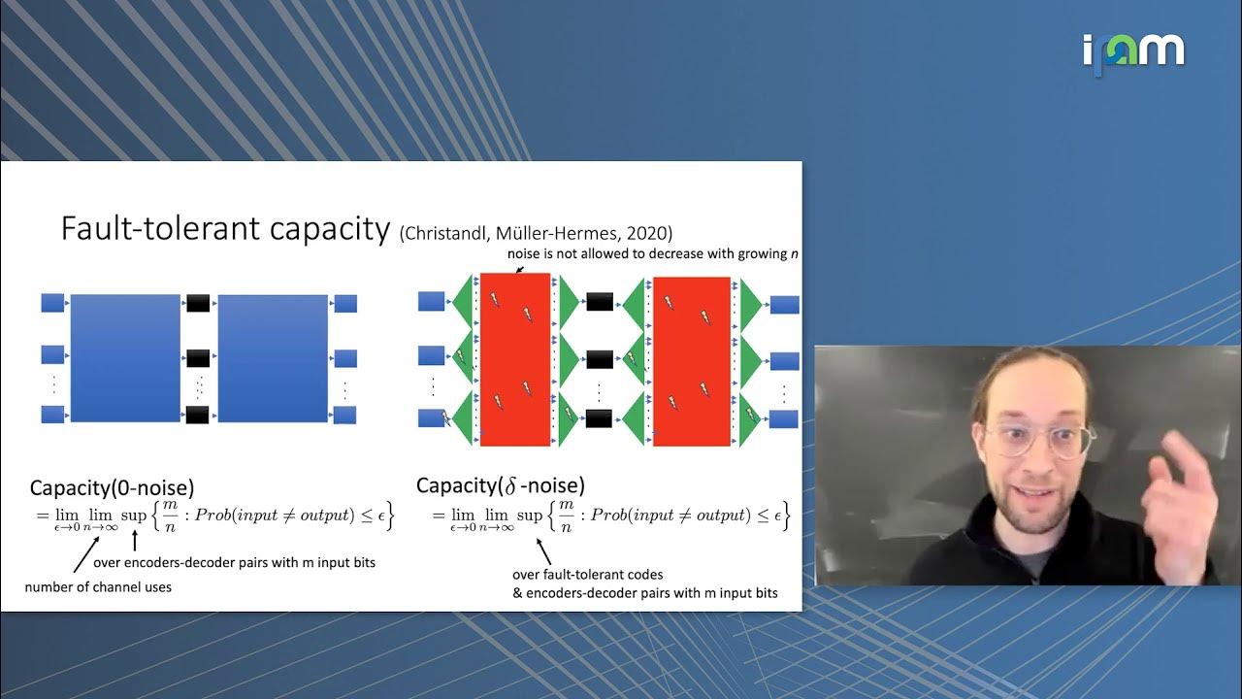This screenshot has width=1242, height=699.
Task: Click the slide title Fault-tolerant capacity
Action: [x=224, y=228]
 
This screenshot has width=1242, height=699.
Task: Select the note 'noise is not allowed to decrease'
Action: [x=652, y=254]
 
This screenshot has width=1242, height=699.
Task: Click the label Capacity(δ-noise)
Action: [x=500, y=485]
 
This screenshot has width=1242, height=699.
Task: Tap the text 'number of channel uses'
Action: [x=98, y=586]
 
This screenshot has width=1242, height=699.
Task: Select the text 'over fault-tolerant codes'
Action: [x=587, y=575]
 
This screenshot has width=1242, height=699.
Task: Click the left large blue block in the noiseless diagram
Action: [x=125, y=358]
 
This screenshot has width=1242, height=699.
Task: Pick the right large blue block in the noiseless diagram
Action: [x=273, y=358]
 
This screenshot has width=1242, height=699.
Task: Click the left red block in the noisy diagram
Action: [x=515, y=360]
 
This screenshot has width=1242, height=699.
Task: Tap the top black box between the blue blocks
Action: [x=198, y=303]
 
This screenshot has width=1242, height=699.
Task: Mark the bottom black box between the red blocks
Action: [x=599, y=418]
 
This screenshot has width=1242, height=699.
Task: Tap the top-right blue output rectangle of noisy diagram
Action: [x=784, y=305]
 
